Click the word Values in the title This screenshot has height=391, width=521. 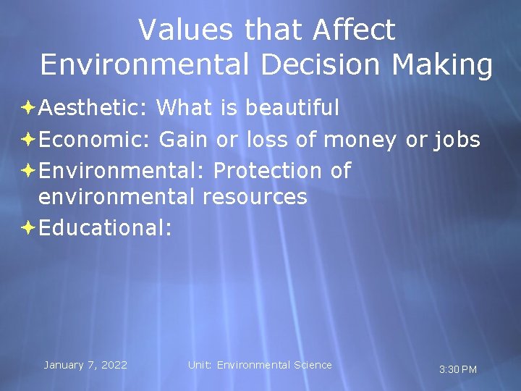point(185,30)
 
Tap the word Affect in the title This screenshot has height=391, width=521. point(355,30)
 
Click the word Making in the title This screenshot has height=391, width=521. point(442,65)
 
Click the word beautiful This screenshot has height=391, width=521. point(292,108)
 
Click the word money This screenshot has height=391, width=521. point(360,139)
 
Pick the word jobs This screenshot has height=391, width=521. point(457,139)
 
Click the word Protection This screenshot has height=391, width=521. point(267,171)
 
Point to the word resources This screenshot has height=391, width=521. point(255,196)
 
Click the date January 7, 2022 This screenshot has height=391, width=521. point(85,365)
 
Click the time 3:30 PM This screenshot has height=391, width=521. point(458,370)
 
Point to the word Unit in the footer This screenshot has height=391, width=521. point(200,365)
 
